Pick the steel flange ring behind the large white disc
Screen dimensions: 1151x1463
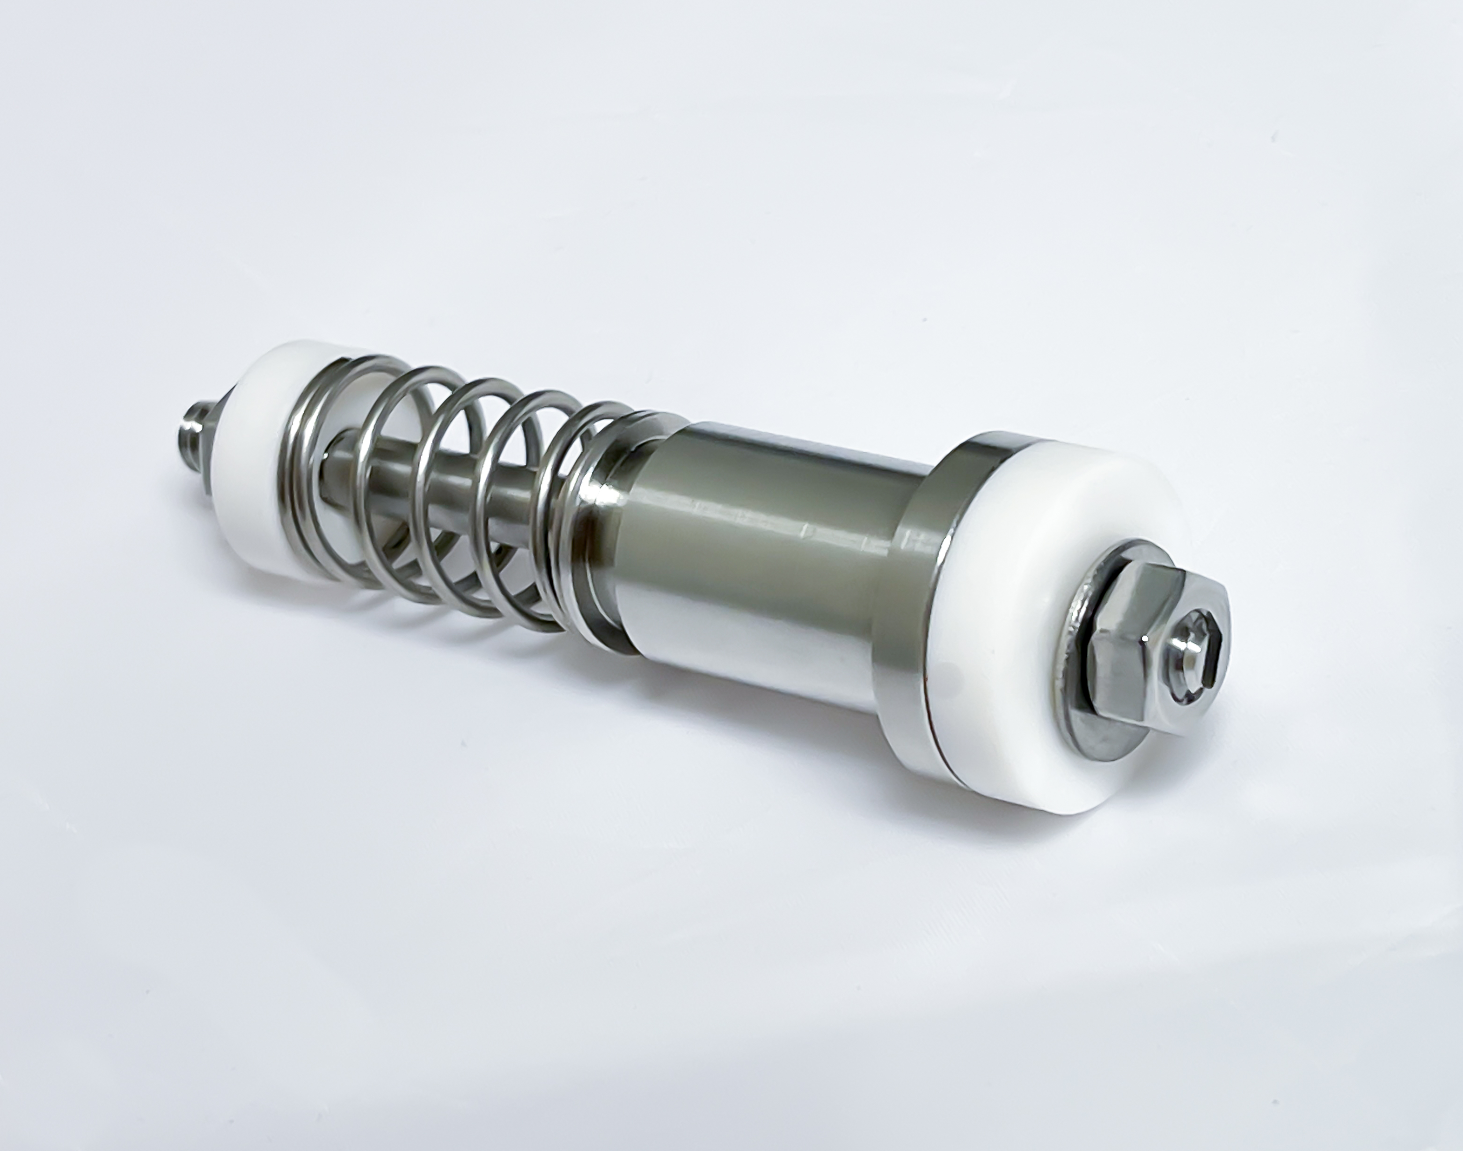[x=903, y=606]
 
